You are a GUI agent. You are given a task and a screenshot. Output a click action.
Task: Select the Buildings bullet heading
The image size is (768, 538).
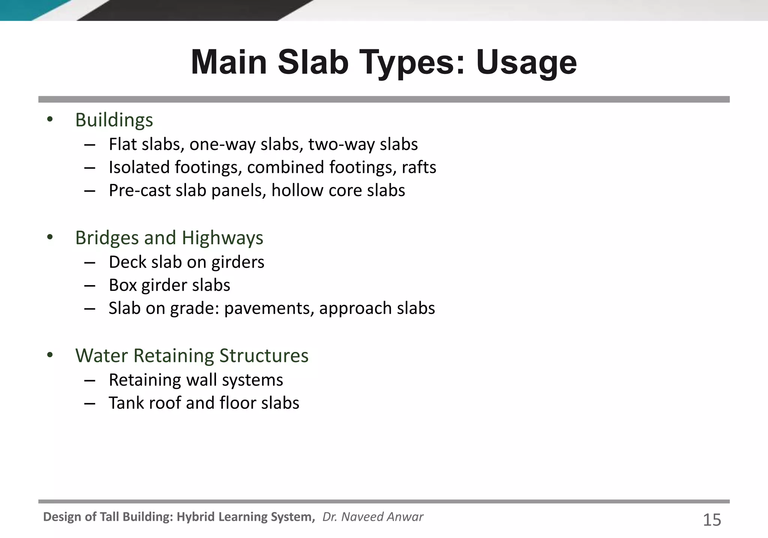[x=114, y=120]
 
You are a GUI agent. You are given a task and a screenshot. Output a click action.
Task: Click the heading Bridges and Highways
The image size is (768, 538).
[x=169, y=238]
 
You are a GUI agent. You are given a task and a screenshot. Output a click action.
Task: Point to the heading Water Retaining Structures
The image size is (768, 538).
[x=192, y=356]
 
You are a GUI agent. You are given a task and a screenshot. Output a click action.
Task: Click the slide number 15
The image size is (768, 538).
[x=712, y=520]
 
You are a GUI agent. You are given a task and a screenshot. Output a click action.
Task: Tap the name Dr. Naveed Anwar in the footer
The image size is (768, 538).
[x=373, y=517]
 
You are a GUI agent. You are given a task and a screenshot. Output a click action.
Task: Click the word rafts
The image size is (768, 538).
[x=419, y=167]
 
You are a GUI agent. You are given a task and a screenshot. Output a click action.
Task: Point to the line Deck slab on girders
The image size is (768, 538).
[x=186, y=262]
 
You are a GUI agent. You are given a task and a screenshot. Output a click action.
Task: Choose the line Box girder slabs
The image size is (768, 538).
[x=169, y=285]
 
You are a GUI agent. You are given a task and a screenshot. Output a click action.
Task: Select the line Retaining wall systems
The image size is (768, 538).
[x=196, y=380]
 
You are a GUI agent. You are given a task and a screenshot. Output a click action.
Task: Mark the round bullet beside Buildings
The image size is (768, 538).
[x=50, y=120]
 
